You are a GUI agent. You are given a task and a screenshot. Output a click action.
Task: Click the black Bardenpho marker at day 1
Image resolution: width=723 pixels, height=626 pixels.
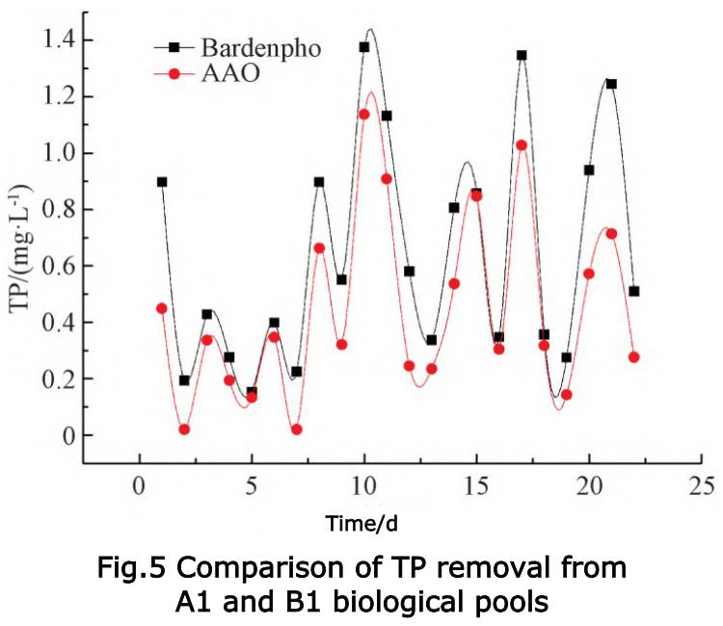pos(162,181)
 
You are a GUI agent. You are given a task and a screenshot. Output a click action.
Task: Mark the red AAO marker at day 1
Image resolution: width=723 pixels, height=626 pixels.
pos(162,308)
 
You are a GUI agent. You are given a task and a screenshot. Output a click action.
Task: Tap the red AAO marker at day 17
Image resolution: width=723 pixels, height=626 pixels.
pos(522,145)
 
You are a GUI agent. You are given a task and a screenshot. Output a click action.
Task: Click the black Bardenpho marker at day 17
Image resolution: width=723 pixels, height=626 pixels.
pos(522,55)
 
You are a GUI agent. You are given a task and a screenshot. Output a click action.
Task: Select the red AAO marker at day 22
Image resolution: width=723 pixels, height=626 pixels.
pos(634,357)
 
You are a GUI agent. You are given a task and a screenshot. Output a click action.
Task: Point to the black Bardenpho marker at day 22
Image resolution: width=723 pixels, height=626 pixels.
pos(634,291)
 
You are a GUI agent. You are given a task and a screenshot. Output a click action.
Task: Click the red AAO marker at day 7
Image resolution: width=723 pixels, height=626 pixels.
pos(297,430)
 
